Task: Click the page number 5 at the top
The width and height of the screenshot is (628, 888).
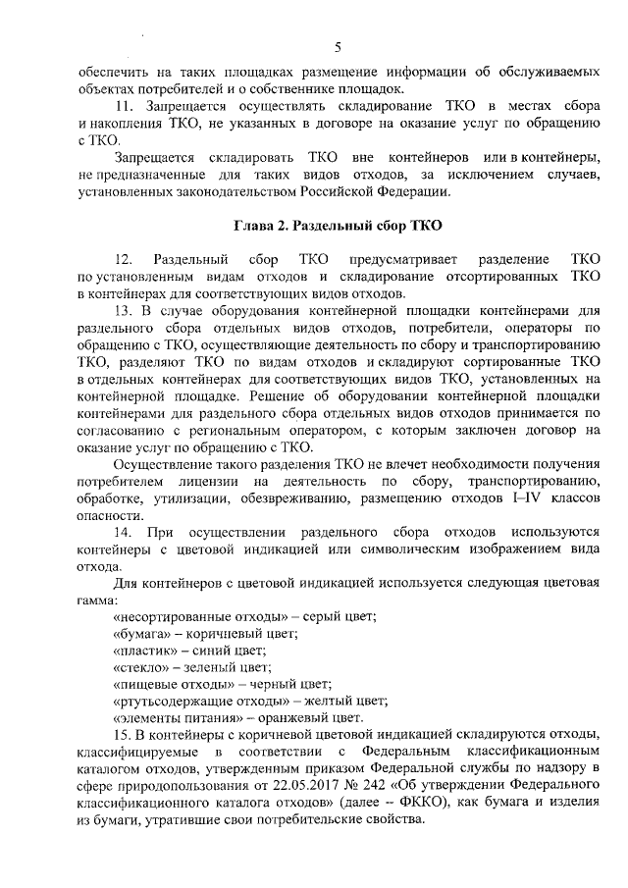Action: click(337, 47)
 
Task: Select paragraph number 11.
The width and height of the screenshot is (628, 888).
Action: click(124, 105)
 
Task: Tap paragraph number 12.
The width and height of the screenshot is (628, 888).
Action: click(124, 260)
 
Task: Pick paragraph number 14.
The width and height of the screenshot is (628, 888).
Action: click(124, 532)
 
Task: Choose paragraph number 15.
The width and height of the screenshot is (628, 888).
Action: click(124, 735)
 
